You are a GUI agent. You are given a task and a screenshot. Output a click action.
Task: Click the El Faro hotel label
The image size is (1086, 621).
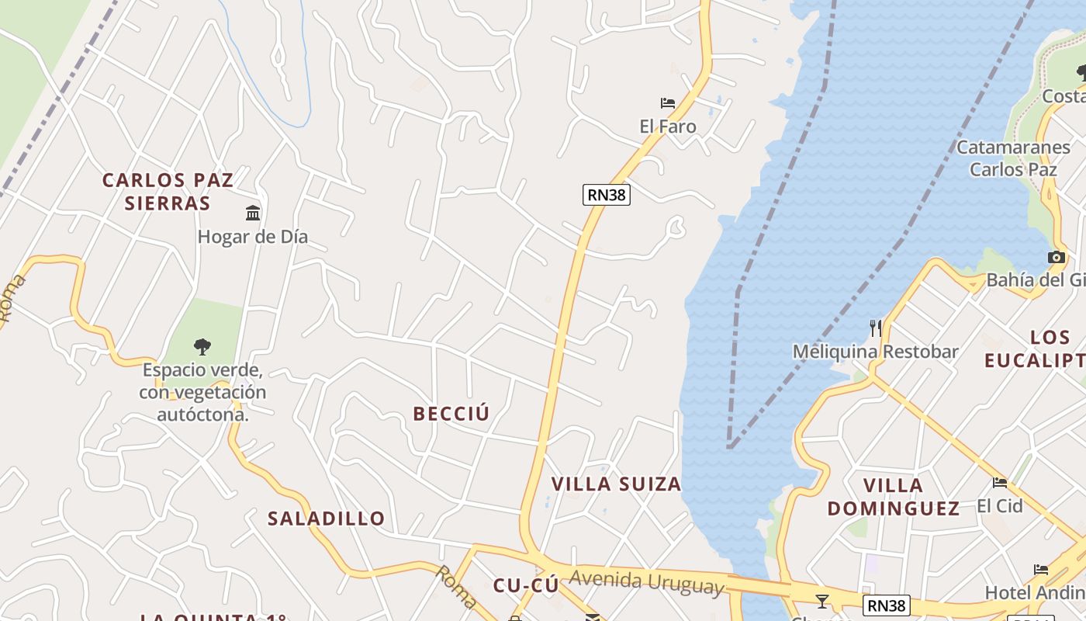coord(667,127)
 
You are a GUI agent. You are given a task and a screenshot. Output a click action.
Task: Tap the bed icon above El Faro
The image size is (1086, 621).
coord(667,102)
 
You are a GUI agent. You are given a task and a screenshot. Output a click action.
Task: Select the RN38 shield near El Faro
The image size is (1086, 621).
coord(606,195)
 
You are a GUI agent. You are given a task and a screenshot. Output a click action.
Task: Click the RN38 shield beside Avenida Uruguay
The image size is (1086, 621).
coord(886,605)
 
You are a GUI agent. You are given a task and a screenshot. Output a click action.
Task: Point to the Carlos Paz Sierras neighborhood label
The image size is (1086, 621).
coord(168,192)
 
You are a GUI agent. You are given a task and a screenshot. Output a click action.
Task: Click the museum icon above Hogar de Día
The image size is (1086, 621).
coord(253,213)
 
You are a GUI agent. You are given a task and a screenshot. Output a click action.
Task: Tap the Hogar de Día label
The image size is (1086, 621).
coord(253,237)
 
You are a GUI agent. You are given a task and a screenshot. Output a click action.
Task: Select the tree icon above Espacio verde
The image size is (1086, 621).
coord(202,346)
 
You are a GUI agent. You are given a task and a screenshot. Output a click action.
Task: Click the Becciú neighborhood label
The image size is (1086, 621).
coord(451,414)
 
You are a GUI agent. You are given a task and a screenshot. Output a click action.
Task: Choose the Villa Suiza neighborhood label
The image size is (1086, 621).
coord(616,484)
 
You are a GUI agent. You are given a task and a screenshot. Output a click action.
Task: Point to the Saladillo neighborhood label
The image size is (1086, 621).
coord(326,519)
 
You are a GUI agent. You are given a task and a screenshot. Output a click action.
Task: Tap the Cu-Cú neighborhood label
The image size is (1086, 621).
coord(526,586)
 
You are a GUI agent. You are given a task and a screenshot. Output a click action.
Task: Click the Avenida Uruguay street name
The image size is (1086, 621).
coord(646,582)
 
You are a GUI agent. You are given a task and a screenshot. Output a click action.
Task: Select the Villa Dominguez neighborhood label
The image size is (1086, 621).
coord(894,497)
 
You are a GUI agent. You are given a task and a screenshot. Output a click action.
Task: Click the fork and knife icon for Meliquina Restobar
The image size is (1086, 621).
coord(876,328)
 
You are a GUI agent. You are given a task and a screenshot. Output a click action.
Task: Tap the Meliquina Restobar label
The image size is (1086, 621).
coord(875,352)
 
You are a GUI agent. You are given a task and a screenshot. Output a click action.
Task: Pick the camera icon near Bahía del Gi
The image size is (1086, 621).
coord(1056,258)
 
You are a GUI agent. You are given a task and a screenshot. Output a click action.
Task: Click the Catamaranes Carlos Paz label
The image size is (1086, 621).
coord(1013,158)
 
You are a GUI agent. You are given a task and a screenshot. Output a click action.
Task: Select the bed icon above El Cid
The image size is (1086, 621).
coord(1000,482)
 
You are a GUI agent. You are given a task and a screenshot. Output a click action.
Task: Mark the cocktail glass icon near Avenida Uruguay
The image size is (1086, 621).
coord(822,601)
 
